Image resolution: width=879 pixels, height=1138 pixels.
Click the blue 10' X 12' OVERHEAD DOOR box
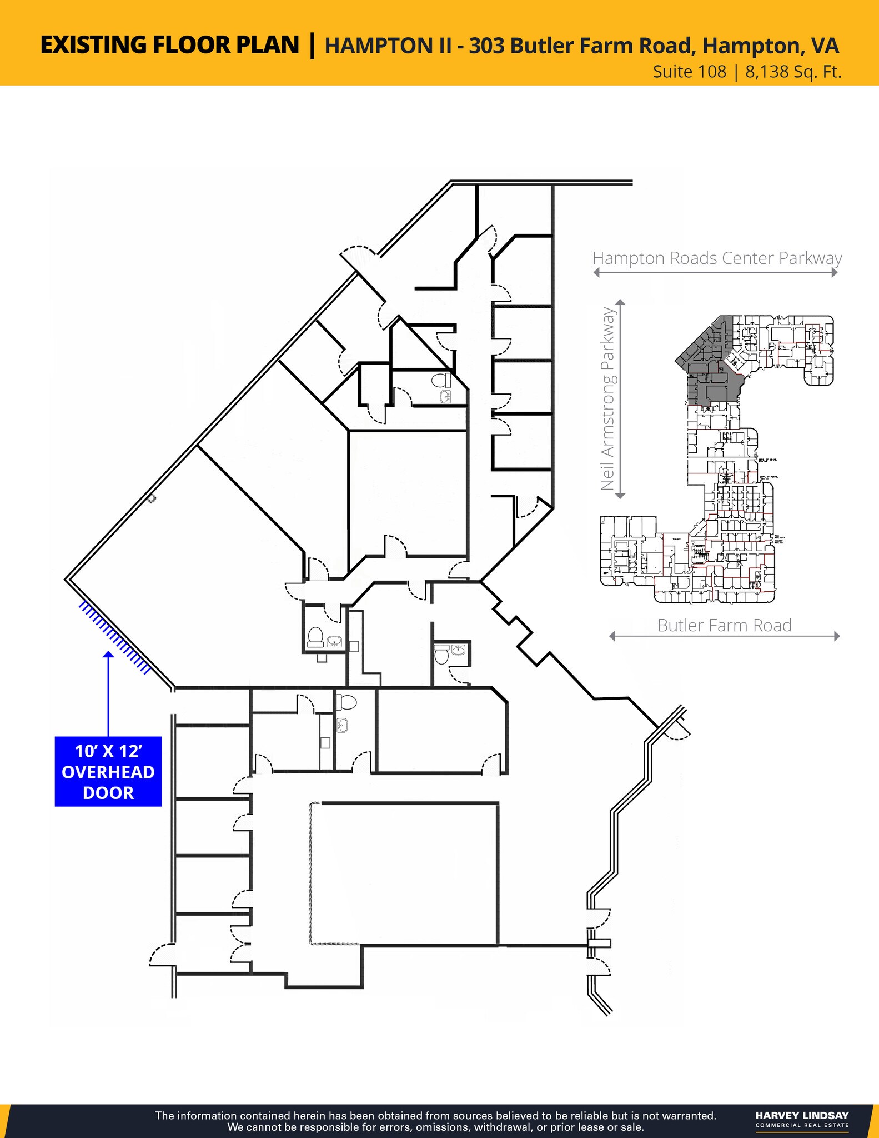[108, 771]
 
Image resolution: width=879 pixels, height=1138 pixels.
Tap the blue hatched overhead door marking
[114, 638]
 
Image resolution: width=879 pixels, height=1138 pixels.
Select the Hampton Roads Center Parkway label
[717, 258]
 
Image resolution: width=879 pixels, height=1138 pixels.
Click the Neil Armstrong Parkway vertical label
[608, 398]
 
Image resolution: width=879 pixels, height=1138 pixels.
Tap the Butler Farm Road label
[725, 626]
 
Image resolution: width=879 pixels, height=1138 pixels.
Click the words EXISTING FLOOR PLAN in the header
[170, 46]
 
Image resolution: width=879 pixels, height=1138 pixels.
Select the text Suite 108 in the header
[689, 72]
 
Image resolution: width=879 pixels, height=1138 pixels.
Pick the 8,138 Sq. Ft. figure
[793, 72]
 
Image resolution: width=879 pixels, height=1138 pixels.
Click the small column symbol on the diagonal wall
[152, 499]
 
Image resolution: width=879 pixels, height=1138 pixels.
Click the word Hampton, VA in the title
[771, 46]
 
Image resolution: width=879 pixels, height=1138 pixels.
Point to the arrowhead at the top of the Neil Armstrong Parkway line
[621, 303]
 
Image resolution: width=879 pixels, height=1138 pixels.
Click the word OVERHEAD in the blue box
[108, 772]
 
